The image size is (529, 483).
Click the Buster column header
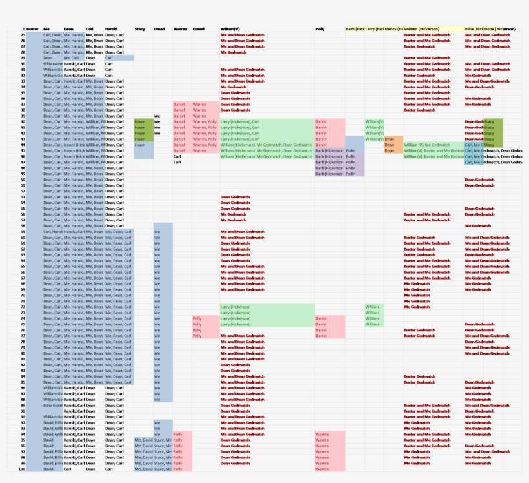32,29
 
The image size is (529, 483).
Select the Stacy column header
140,29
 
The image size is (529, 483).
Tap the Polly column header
320,29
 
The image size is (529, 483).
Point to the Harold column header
112,29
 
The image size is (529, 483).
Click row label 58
23,226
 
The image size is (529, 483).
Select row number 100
22,469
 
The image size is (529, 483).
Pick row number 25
23,35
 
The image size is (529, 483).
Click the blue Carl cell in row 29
119,58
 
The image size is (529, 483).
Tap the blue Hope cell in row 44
143,145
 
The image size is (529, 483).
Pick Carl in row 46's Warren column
177,156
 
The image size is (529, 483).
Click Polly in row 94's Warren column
178,434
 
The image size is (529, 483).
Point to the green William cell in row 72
374,307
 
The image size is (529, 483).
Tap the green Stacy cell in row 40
492,121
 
